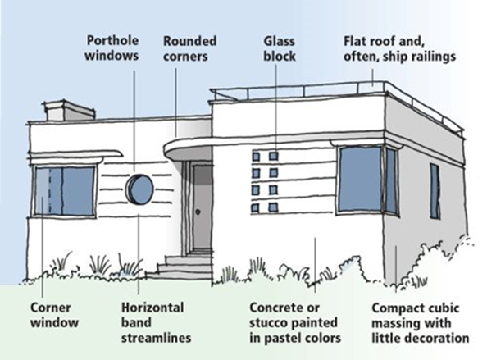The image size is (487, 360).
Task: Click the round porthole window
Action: tap(139, 189)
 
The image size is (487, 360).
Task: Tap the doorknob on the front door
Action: tap(198, 212)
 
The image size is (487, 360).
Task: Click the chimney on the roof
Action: tap(69, 110)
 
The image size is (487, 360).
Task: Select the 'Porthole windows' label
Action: tap(112, 48)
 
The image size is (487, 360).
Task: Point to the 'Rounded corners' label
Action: tap(189, 48)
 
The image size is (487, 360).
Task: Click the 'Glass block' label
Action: tap(280, 48)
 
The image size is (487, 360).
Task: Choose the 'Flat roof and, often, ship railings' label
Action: tap(399, 48)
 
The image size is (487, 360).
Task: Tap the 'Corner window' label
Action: tap(54, 315)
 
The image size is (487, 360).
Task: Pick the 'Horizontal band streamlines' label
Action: tap(156, 322)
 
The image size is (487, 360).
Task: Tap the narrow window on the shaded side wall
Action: tap(435, 191)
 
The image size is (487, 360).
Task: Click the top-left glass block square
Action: tap(256, 156)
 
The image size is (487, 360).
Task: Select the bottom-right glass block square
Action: tap(273, 207)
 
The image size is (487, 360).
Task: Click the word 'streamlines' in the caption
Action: tap(156, 338)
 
